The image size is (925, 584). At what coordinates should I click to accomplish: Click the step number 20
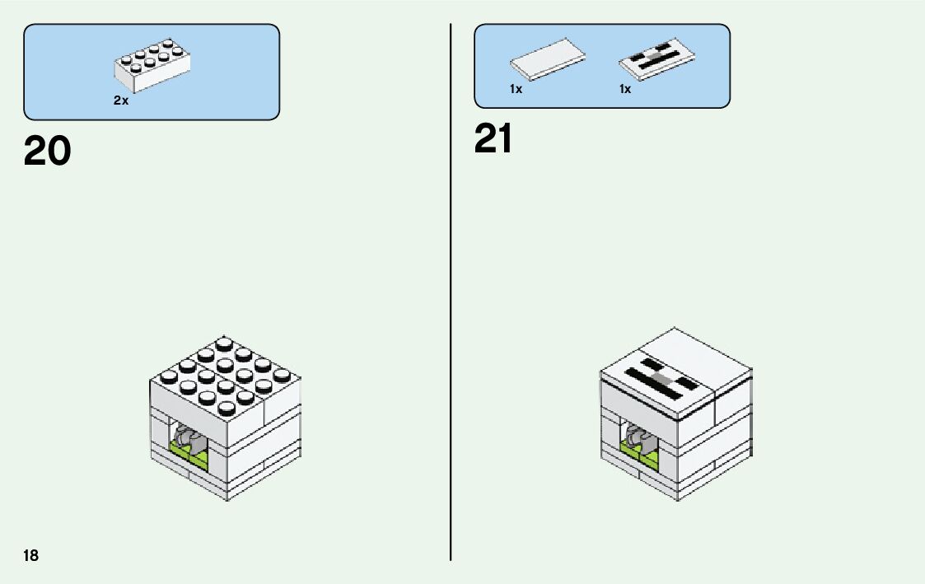[x=48, y=152]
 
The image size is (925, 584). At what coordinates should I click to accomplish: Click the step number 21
[x=493, y=139]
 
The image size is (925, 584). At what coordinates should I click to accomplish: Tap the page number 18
[x=31, y=555]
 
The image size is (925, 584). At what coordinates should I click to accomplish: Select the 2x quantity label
[x=121, y=100]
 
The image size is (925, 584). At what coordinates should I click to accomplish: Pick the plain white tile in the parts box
[x=549, y=59]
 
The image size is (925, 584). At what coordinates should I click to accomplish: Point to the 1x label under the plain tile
[x=516, y=89]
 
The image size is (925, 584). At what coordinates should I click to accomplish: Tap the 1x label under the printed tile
[x=625, y=89]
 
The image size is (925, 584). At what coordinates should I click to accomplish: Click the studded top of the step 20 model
[x=224, y=374]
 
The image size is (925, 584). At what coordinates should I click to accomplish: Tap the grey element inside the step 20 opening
[x=186, y=436]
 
